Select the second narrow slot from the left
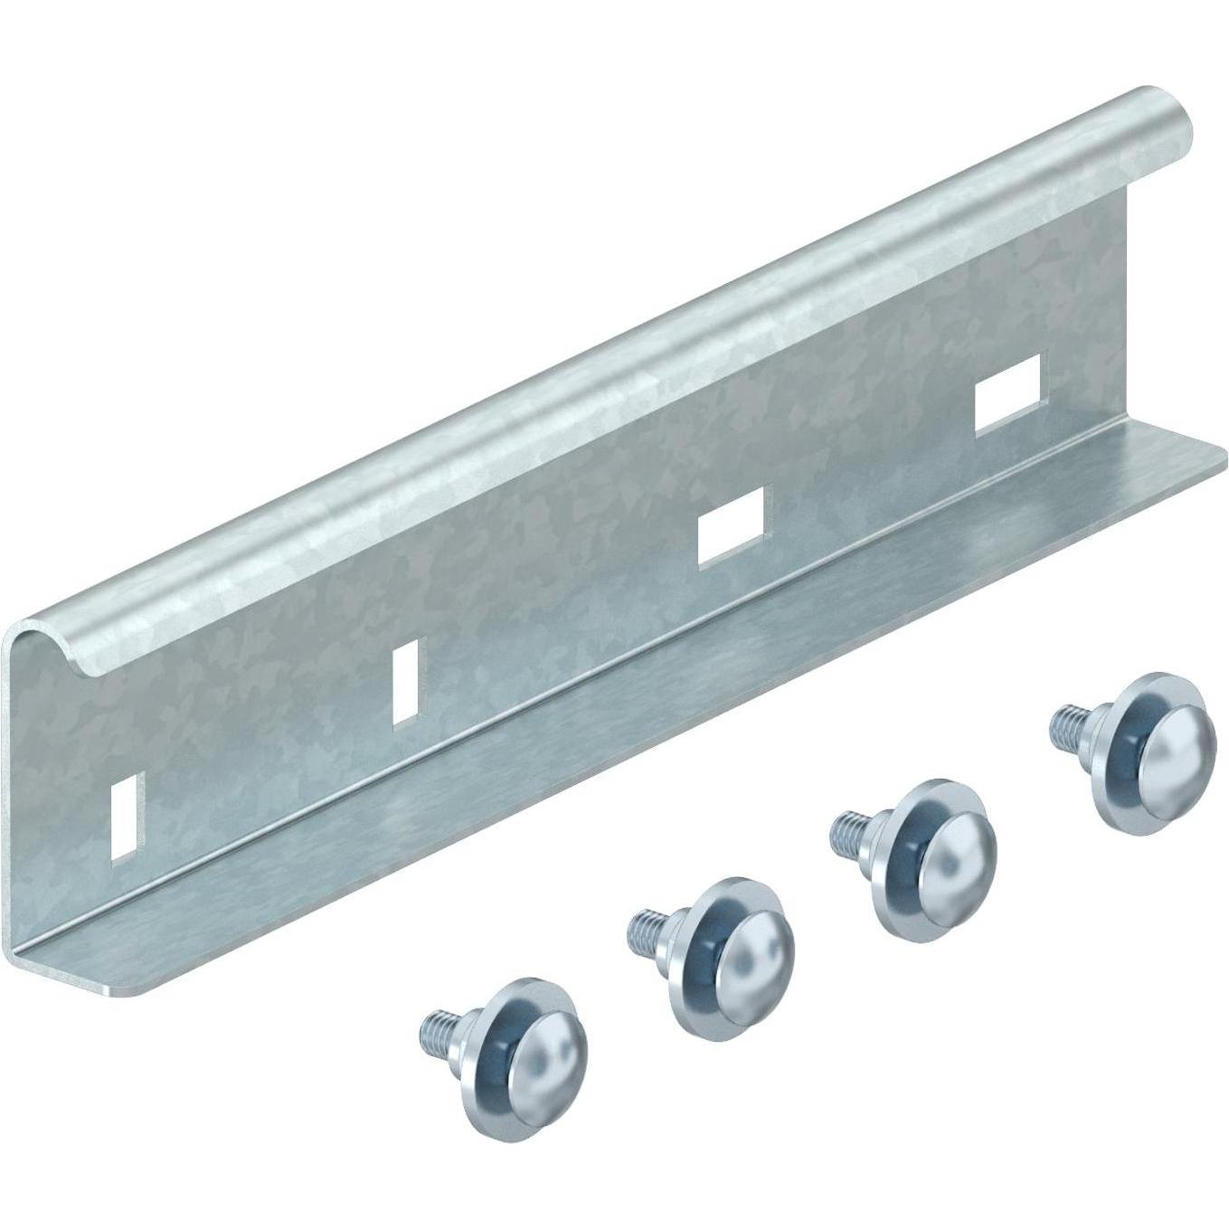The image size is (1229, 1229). pos(407,680)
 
